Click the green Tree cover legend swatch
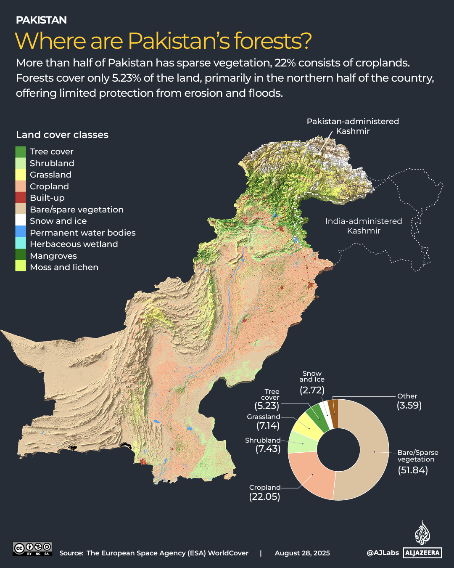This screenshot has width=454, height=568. coord(21,152)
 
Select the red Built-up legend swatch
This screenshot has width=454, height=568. coord(21,198)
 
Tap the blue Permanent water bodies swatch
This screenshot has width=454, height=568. coord(21,232)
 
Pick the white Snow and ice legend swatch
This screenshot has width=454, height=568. coord(21,220)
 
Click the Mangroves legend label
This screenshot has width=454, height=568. coord(53,256)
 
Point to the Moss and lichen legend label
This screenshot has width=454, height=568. coord(64,267)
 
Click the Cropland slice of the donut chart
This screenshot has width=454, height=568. coord(311,475)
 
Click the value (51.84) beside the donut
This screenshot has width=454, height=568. coord(413,470)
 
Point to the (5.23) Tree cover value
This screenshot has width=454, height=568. coord(267,406)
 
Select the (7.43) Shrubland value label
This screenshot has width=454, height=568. coord(268,449)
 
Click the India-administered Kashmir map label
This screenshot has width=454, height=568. coord(364,226)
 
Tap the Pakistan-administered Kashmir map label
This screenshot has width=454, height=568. coord(353,126)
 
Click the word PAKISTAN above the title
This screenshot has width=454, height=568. coord(41,20)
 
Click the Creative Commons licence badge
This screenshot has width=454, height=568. coord(32,549)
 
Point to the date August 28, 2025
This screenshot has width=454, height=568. coord(302,553)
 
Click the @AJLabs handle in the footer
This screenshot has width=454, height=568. coord(383,553)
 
